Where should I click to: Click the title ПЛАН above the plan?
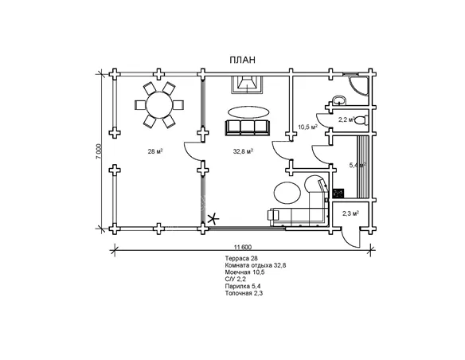[242, 60]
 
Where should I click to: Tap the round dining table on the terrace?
[159, 105]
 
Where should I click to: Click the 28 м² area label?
[155, 151]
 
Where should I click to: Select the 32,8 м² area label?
[243, 151]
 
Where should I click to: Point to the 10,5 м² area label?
[308, 127]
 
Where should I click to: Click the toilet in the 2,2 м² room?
[361, 120]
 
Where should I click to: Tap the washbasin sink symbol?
[338, 100]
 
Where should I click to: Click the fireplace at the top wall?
[247, 84]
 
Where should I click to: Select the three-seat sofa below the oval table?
[248, 127]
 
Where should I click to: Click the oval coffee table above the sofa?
[248, 112]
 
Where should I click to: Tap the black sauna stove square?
[338, 194]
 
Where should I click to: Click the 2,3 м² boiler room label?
[350, 213]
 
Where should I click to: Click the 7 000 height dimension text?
[99, 151]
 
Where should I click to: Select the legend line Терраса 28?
[241, 258]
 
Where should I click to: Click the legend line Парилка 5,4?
[243, 286]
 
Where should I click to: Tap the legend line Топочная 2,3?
[244, 293]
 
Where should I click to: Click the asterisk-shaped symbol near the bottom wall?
[213, 219]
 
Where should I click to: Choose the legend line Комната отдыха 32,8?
[256, 265]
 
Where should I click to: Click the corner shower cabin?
[358, 85]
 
